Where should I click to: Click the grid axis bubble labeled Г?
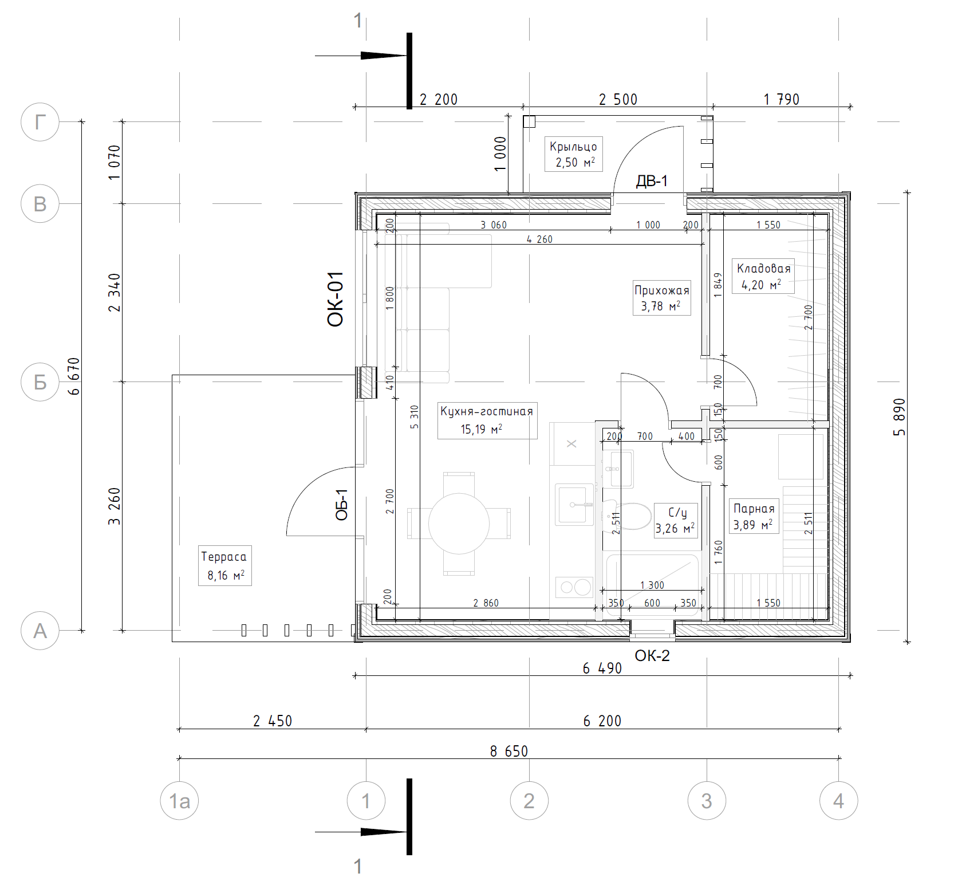point(40,122)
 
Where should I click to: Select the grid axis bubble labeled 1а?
point(179,801)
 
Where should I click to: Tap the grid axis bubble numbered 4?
point(838,801)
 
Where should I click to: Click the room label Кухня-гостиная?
point(487,411)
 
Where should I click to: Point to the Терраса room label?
point(224,557)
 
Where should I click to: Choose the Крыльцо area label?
point(573,147)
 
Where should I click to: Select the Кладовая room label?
point(764,268)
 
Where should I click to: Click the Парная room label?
point(754,509)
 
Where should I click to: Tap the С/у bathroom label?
point(677,512)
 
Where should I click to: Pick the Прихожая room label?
point(662,290)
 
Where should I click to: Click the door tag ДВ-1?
point(652,182)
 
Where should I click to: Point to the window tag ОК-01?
point(336,299)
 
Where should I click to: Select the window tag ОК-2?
point(652,656)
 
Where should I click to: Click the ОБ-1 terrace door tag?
point(341,505)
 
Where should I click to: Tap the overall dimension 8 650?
point(509,751)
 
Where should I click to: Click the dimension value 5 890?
point(900,417)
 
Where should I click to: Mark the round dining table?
point(459,524)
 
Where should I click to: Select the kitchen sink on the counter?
point(574,504)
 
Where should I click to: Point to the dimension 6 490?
point(602,668)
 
